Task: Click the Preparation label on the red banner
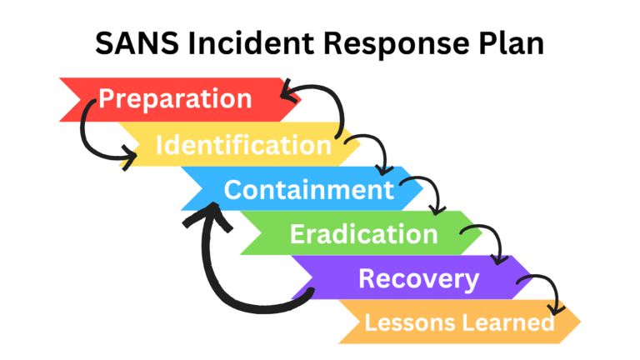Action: pyautogui.click(x=175, y=98)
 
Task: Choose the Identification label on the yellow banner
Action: pyautogui.click(x=243, y=145)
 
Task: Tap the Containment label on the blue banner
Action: pyautogui.click(x=308, y=190)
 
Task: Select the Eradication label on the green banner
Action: pyautogui.click(x=363, y=234)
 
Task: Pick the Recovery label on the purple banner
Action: pyautogui.click(x=418, y=278)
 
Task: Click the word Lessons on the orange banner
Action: pyautogui.click(x=402, y=322)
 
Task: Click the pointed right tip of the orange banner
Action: pyautogui.click(x=577, y=322)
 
